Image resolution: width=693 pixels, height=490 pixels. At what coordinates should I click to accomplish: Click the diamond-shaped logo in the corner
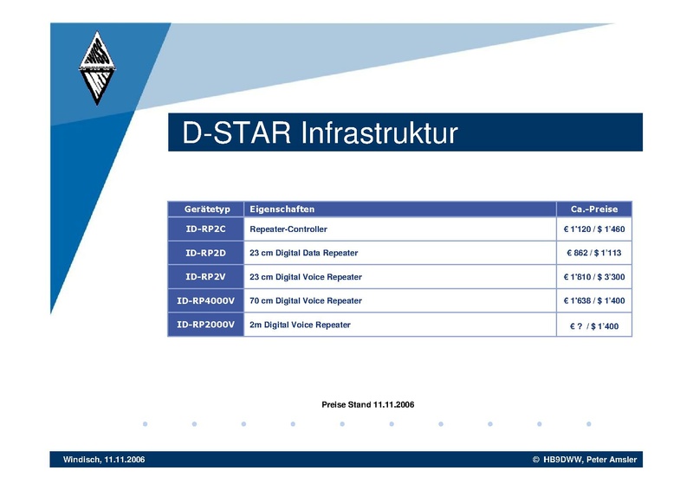(97, 68)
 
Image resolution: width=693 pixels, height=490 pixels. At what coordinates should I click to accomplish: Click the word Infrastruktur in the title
(379, 132)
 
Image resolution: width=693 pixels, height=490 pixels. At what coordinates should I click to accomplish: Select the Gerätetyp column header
(207, 209)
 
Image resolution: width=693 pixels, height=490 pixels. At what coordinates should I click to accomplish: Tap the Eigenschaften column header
(282, 209)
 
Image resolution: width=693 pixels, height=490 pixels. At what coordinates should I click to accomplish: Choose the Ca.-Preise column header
(594, 209)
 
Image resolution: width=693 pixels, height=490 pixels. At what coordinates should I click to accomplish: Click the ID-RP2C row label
(205, 229)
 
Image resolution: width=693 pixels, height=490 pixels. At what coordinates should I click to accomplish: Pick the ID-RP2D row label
(205, 253)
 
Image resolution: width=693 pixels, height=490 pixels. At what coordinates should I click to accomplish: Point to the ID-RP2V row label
(205, 277)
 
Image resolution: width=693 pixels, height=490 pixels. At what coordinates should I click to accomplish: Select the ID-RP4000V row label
(205, 301)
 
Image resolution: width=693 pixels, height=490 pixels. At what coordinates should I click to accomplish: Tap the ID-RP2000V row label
(205, 325)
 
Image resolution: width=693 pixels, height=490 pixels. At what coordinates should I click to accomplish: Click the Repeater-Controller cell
(288, 229)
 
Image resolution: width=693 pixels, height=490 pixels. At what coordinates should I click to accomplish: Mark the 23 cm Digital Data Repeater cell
(304, 253)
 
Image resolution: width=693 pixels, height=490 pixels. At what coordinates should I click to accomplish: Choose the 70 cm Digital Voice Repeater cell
(306, 301)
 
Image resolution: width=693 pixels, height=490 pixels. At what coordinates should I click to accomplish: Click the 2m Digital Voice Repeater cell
(300, 325)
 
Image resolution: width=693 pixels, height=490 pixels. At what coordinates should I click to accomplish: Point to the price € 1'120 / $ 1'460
(594, 229)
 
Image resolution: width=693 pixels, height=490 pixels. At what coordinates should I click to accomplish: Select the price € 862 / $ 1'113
(594, 253)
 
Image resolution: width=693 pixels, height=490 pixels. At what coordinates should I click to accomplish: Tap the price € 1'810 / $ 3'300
(594, 277)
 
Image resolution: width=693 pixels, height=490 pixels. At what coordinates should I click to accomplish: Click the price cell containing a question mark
(594, 326)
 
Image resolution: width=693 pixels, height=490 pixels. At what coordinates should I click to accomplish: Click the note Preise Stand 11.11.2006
(367, 404)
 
